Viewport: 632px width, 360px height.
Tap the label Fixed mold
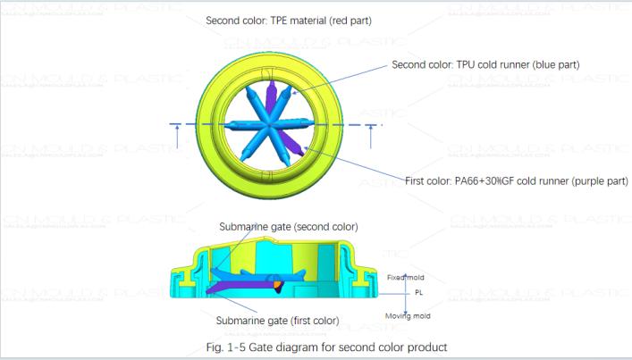(405, 277)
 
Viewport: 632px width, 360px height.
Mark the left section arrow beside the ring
(177, 133)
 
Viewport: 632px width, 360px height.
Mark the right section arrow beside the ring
(371, 133)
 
